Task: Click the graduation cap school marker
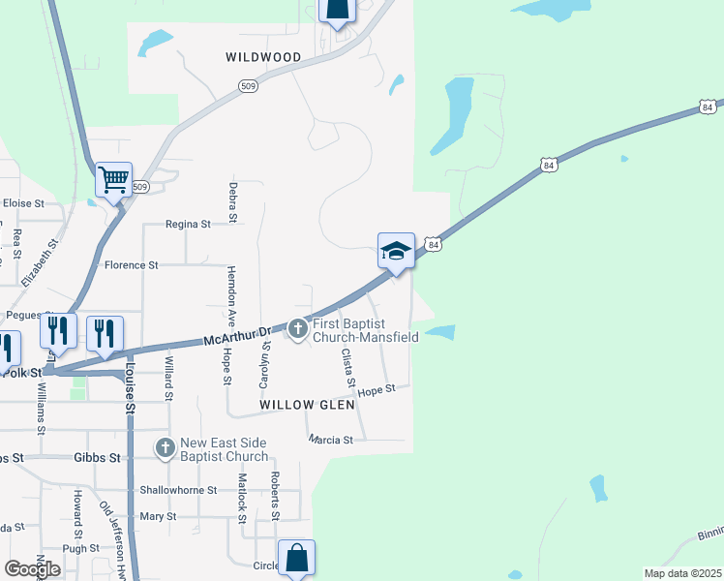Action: coord(396,252)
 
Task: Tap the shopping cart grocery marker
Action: coord(114,179)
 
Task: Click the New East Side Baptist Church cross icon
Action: coord(166,448)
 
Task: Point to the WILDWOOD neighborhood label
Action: coord(263,57)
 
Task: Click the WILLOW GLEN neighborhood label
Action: coord(301,404)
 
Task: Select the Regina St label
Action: coord(188,224)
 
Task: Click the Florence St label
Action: coord(131,264)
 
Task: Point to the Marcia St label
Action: coord(331,440)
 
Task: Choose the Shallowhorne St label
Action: coord(175,490)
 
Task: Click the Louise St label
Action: coord(129,387)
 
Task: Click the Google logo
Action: coord(32,568)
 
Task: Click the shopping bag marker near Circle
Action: coord(296,559)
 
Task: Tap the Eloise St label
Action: coord(23,203)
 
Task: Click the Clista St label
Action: coord(347,369)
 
